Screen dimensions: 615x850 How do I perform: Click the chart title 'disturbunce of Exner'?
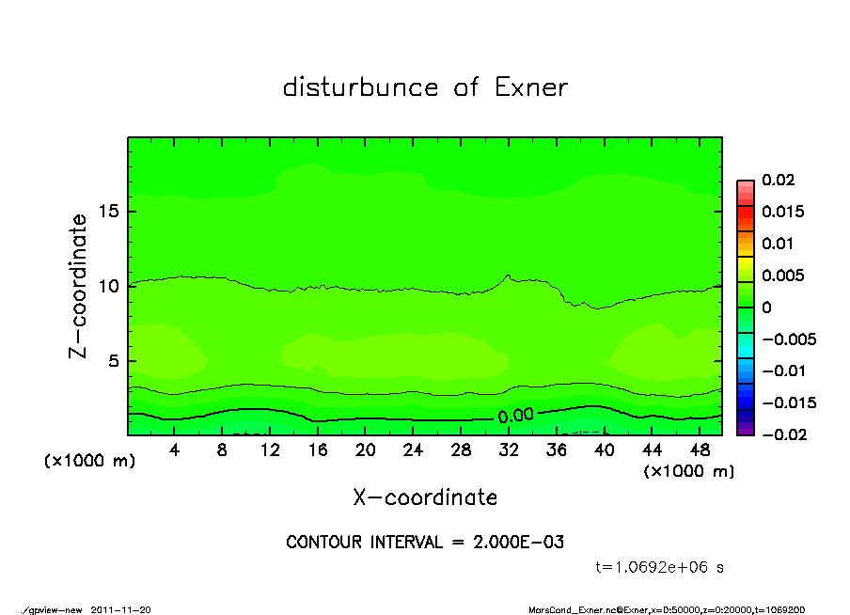[x=425, y=87]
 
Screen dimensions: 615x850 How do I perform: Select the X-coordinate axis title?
[x=425, y=497]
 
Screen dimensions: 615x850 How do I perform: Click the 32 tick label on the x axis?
[x=509, y=450]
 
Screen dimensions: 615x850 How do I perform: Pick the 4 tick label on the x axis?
[x=175, y=450]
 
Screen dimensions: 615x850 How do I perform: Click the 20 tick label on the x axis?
[x=366, y=450]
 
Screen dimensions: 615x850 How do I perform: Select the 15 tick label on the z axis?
[x=109, y=212]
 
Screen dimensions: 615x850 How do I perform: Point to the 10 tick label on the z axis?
[x=109, y=286]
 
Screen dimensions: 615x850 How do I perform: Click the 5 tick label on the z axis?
[x=114, y=360]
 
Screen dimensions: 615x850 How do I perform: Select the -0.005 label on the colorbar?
[x=788, y=339]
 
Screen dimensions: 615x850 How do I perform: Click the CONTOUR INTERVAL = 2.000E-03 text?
[x=425, y=543]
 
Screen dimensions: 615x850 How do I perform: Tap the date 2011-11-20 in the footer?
[x=119, y=609]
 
